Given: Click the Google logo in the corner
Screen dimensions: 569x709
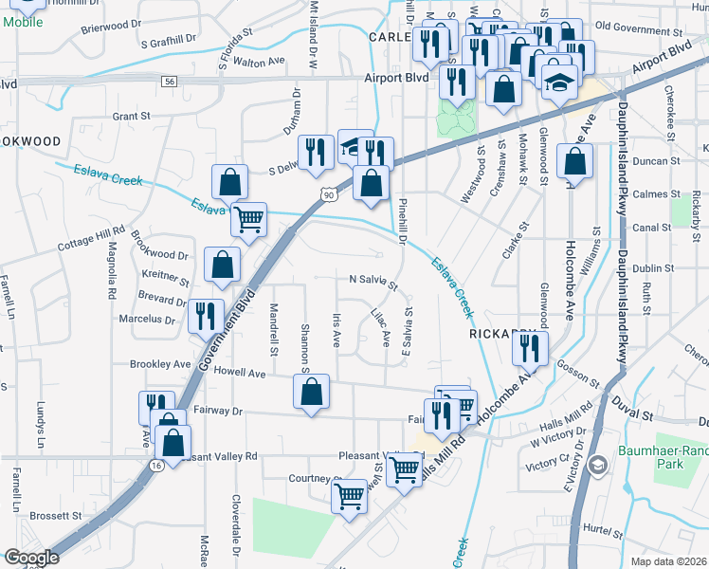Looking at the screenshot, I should coord(31,558).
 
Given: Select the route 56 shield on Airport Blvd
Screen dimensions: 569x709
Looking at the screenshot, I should coord(170,83).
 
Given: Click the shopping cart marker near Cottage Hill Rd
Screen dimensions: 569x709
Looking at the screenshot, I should coord(248,220).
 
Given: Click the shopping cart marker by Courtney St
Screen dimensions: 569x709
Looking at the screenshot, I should coord(350,496).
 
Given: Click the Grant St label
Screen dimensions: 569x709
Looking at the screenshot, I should coord(132,116).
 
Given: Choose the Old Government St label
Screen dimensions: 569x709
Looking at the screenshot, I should coord(638,27).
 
